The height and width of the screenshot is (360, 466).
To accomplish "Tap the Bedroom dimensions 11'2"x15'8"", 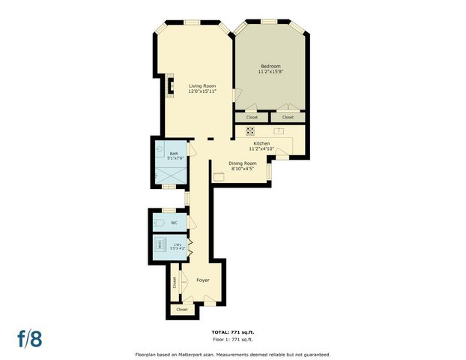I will [x=270, y=71].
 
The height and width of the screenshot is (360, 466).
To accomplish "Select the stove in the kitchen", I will [x=249, y=130].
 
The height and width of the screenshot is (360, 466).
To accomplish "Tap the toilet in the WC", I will [x=158, y=223].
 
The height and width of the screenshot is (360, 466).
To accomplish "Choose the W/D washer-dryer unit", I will [x=160, y=244].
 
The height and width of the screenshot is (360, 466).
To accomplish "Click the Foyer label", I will [x=202, y=280].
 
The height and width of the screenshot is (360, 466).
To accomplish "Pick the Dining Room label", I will [x=243, y=163].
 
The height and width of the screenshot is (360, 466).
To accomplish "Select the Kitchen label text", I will [x=261, y=142].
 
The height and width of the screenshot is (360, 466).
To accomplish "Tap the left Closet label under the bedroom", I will [x=252, y=117].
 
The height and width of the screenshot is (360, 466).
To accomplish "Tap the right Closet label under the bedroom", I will [x=288, y=117].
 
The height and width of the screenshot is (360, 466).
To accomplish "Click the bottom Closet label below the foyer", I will [x=181, y=309].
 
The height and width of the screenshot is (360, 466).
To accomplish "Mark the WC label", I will [x=174, y=223].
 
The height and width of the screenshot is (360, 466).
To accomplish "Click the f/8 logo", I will [x=30, y=337].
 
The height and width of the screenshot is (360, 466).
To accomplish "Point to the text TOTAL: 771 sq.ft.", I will [x=233, y=331].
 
